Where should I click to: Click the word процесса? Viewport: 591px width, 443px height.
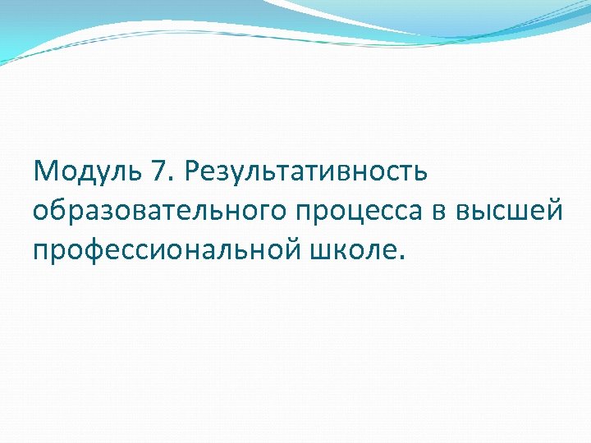[362, 211]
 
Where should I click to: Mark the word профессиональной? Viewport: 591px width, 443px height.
[164, 249]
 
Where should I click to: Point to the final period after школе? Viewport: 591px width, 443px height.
[401, 258]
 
